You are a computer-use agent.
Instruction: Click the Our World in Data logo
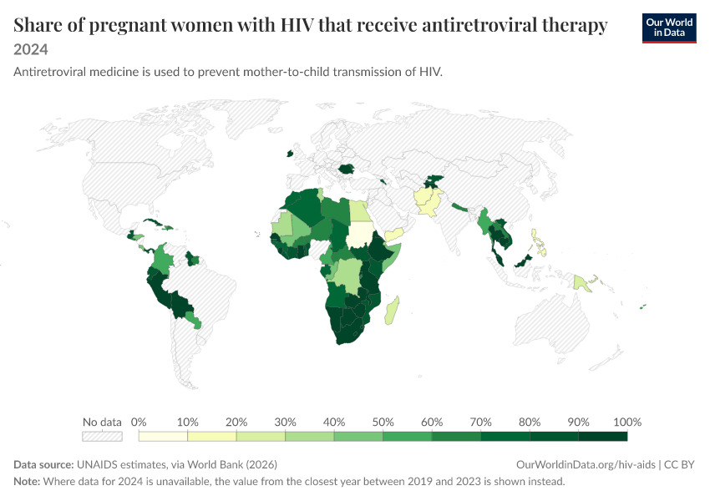click(x=669, y=28)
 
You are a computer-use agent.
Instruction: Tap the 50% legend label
click(x=383, y=423)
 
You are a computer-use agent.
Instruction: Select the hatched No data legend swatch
click(x=103, y=436)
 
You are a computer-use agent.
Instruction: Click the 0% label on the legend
click(x=139, y=423)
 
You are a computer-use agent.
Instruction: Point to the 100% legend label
click(x=627, y=423)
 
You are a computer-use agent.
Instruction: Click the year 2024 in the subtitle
click(x=31, y=49)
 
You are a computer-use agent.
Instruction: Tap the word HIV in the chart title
click(x=297, y=25)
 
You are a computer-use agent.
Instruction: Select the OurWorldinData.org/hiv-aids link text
click(x=586, y=465)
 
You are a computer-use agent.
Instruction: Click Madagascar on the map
click(x=392, y=311)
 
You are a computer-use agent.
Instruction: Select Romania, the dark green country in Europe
click(x=347, y=170)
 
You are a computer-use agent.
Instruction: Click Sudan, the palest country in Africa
click(x=359, y=235)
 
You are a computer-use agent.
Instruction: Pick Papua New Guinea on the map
click(x=583, y=283)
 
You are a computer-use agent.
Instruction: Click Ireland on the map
click(x=290, y=154)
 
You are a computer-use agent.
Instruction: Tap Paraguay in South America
click(x=193, y=320)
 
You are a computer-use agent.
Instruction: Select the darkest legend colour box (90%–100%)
click(x=603, y=436)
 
